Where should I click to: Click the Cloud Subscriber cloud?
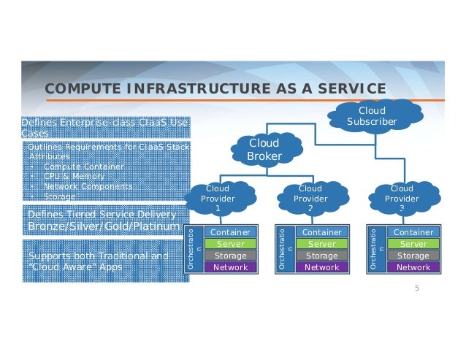tap(372, 115)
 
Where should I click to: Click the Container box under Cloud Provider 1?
tap(230, 232)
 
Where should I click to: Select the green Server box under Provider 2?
tap(321, 244)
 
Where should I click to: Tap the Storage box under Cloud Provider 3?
tap(413, 256)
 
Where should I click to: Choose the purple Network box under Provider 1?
tap(230, 267)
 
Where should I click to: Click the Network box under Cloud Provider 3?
tap(413, 267)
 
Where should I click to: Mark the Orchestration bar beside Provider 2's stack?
tap(285, 250)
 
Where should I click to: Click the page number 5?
tap(417, 289)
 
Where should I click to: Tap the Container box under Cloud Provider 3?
tap(413, 232)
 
